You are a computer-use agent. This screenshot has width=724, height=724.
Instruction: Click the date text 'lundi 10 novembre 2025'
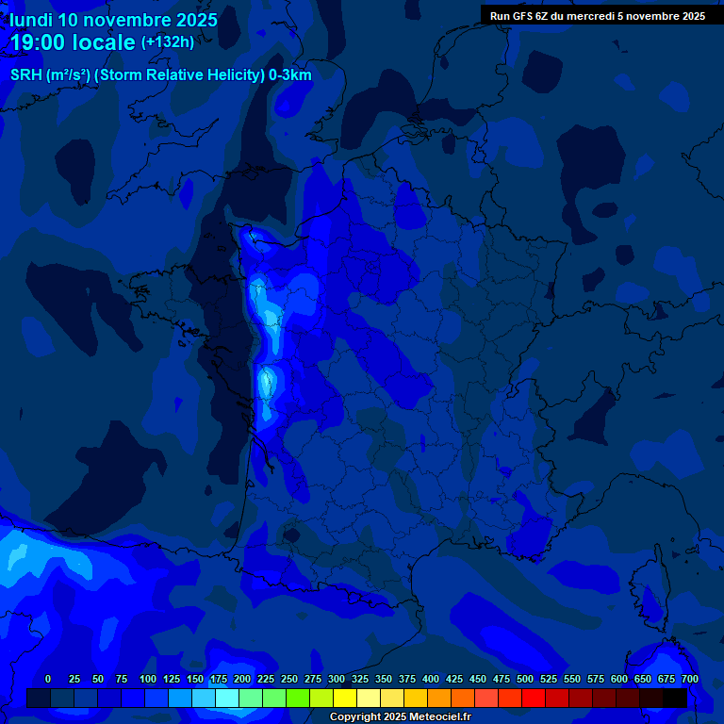point(114,20)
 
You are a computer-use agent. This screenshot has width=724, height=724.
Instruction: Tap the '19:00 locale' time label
point(74,42)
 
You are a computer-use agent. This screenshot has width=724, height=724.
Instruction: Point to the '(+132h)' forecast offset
point(168,42)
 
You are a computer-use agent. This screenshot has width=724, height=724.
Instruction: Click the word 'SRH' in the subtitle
point(25,75)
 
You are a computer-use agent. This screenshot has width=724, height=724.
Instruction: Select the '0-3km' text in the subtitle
point(291,75)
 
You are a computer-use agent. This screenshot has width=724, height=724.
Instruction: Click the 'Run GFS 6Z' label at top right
point(521,16)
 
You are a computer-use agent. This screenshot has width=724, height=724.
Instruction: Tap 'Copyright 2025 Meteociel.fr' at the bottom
point(400,717)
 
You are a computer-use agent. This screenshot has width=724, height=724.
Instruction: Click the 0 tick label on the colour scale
point(48,679)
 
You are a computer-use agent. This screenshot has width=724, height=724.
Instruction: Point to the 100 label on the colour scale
point(148,679)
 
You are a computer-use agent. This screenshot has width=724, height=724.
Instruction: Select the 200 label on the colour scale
point(242,679)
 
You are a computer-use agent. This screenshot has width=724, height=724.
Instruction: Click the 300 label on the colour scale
point(337,679)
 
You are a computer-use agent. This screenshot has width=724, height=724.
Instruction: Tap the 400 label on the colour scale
point(431,679)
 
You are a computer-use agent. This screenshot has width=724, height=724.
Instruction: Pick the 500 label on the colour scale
point(525,679)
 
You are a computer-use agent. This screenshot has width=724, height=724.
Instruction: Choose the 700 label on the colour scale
point(690,679)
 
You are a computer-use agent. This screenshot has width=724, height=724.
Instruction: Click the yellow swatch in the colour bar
point(345,699)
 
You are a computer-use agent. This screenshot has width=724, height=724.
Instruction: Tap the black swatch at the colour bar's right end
point(675,699)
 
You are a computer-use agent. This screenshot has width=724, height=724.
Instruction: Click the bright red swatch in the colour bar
point(534,699)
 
